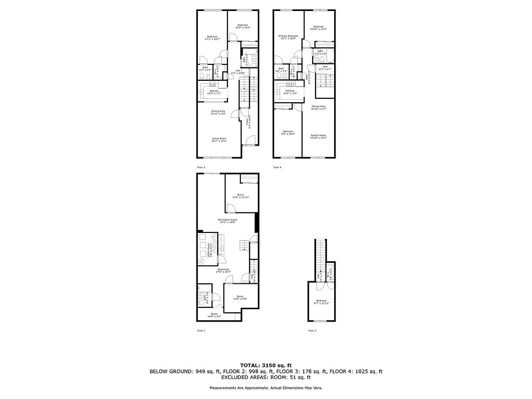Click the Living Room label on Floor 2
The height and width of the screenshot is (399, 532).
point(219,140)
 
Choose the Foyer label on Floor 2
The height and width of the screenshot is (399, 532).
point(247,121)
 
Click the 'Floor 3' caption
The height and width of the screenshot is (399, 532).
point(312,331)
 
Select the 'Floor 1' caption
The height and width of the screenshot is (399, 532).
point(201,331)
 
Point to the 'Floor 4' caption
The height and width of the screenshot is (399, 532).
point(277,168)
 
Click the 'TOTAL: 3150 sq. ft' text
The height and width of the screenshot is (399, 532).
point(266,365)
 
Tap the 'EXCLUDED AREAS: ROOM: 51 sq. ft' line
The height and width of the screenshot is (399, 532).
point(266,378)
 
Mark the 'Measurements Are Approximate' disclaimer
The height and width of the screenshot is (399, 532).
point(266,388)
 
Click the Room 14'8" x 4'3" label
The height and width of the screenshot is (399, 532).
point(214,315)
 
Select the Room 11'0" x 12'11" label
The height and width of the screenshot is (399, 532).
point(240,196)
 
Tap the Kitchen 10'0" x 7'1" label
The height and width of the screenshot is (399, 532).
point(214,92)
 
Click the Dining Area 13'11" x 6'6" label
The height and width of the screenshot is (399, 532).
point(218,112)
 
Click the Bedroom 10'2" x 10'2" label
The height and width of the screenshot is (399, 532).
point(243,26)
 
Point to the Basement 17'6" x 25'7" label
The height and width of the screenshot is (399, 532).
point(223,271)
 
